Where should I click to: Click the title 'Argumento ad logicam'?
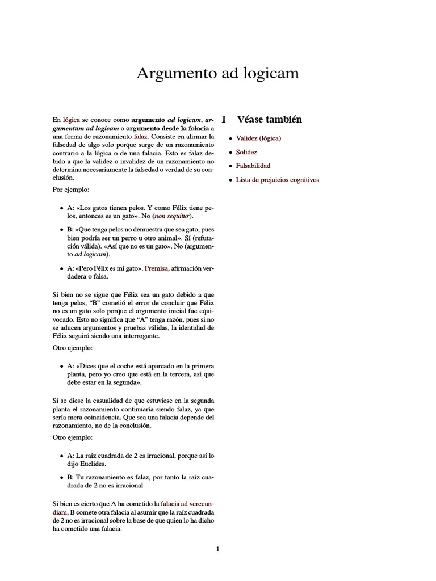(217, 73)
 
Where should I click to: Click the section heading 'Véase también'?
(269, 120)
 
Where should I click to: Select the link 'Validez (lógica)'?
(259, 138)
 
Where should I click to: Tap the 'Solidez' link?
(246, 152)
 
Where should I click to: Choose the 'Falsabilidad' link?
(253, 166)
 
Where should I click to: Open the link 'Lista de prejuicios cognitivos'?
(278, 180)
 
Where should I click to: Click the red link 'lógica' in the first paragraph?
(72, 120)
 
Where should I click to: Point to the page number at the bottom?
(217, 549)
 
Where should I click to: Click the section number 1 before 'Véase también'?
(224, 120)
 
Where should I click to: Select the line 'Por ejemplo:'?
(70, 189)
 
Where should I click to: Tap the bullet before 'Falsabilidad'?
(230, 166)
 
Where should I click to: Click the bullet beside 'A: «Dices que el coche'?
(62, 366)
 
